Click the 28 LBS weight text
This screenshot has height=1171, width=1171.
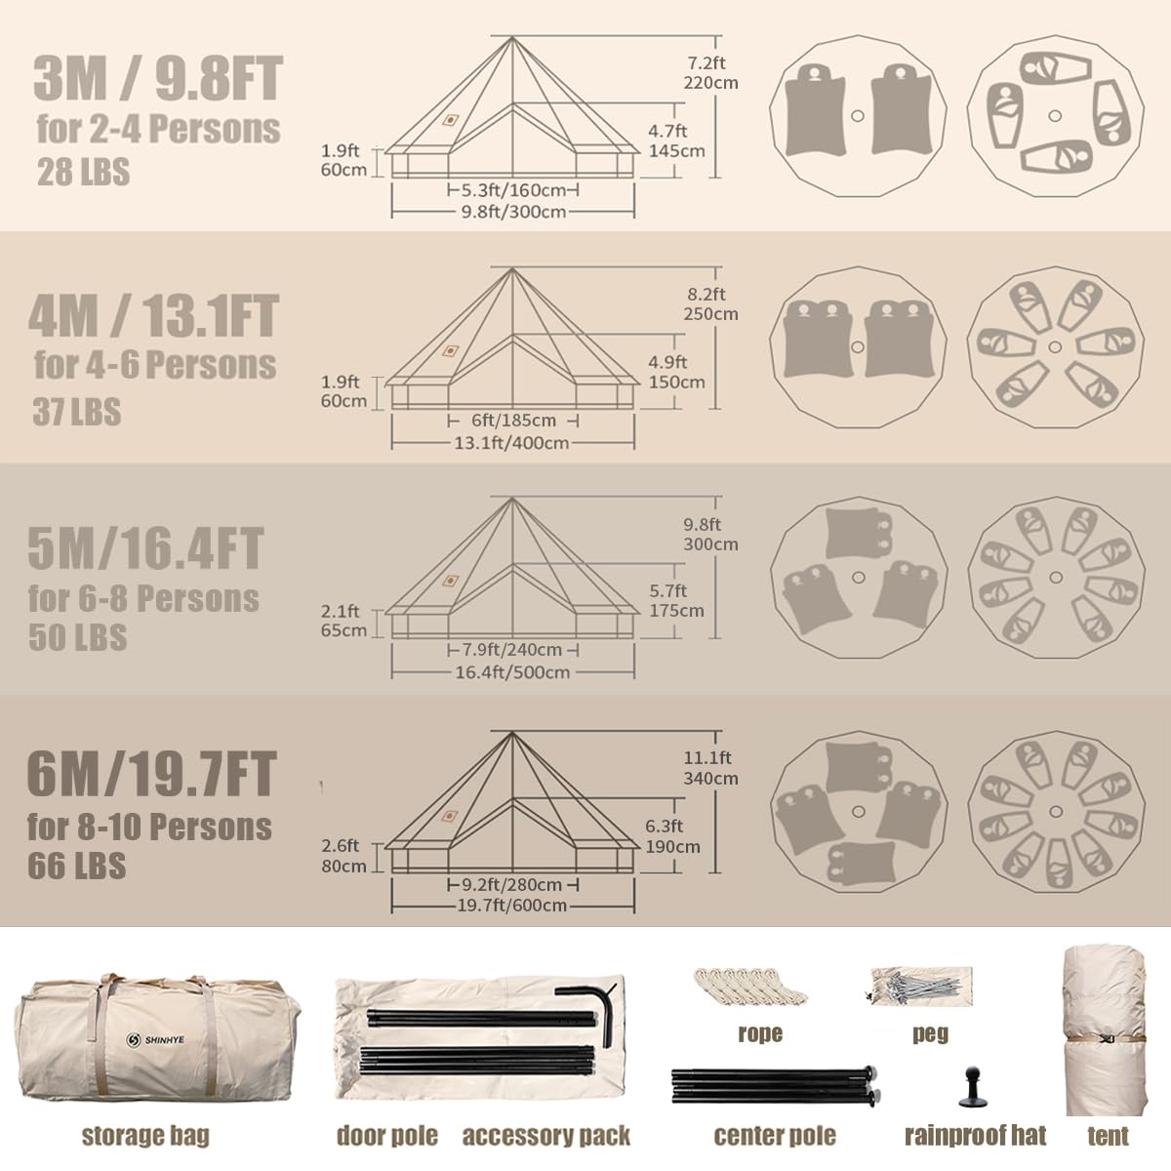[x=83, y=172]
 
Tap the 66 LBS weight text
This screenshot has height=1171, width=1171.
[x=76, y=866]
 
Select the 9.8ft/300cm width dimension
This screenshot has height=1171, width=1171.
[x=513, y=212]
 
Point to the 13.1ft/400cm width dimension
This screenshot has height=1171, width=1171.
[x=512, y=442]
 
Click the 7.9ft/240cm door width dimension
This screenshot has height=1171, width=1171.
[x=512, y=650]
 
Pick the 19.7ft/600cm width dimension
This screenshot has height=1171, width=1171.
[x=512, y=906]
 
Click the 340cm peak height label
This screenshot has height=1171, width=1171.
[x=711, y=779]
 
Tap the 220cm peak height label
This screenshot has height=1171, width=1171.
[x=711, y=83]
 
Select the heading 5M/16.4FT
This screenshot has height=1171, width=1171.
[x=145, y=548]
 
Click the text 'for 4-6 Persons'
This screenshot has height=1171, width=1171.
[x=155, y=365]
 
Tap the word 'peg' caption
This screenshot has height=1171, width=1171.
[x=930, y=1032]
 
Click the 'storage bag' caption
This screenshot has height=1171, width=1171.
[x=145, y=1135]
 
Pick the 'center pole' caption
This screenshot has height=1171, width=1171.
[x=775, y=1135]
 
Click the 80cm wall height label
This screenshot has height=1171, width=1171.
[x=343, y=866]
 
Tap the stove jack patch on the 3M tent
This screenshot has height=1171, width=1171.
[x=450, y=120]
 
